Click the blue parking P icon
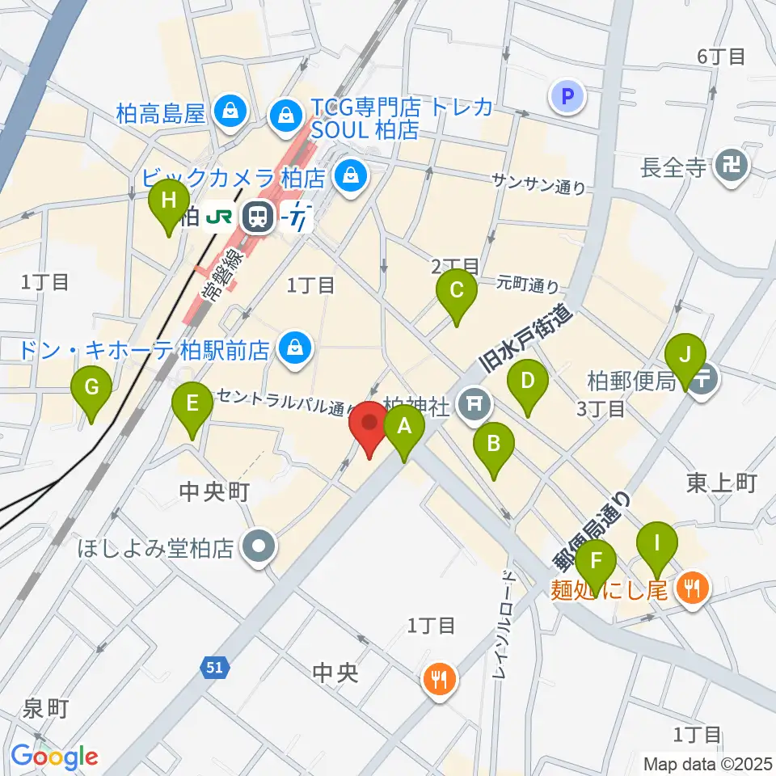[x=567, y=98]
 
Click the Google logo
[x=54, y=756]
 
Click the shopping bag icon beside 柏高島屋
[x=230, y=112]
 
